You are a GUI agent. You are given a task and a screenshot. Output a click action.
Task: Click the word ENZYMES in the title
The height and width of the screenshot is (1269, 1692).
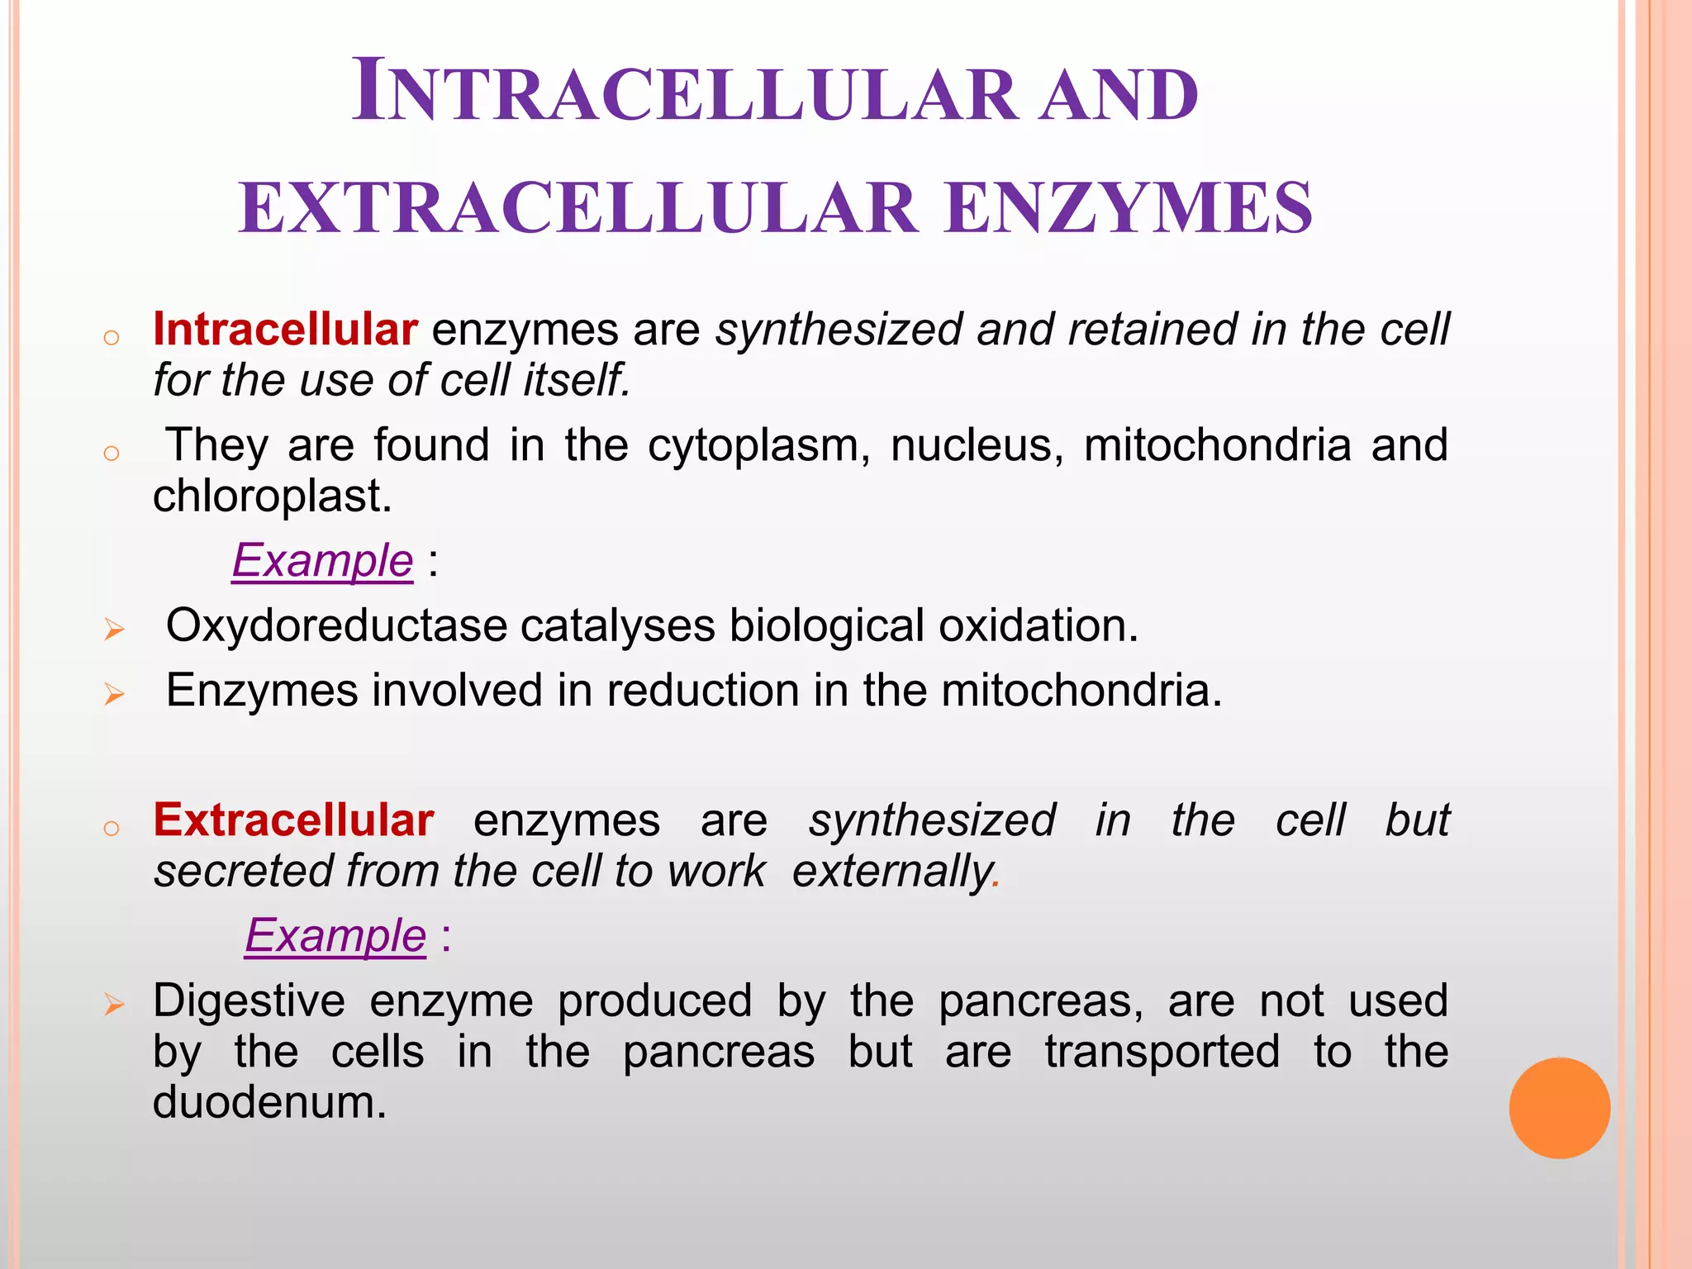click(x=1128, y=208)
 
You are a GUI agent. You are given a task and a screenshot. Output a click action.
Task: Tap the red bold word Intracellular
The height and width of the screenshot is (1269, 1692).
click(x=285, y=330)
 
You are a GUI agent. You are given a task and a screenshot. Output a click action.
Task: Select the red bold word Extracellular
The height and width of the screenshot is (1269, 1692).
click(x=293, y=820)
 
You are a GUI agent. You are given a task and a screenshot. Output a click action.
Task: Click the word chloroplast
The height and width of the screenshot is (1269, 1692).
click(x=272, y=497)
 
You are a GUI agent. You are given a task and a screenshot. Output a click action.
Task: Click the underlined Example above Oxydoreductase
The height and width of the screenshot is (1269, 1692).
click(x=322, y=561)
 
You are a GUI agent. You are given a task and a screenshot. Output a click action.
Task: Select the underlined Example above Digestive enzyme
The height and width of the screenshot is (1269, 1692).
click(x=335, y=936)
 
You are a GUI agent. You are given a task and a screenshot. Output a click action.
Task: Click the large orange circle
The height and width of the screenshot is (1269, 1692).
click(x=1559, y=1108)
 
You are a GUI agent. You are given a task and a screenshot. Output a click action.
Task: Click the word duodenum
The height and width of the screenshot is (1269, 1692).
click(x=269, y=1103)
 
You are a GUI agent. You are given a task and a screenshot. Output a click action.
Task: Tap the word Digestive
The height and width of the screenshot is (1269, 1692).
click(x=249, y=1001)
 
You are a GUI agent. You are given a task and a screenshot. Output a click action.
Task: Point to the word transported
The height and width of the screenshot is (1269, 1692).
click(x=1162, y=1053)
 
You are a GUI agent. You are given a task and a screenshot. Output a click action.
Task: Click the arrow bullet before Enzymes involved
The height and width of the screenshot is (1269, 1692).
click(x=114, y=694)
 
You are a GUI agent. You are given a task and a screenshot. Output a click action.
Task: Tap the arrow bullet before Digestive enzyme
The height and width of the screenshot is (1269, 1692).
click(x=114, y=1005)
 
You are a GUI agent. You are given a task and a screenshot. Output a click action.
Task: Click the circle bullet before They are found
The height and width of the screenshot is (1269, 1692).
click(x=112, y=453)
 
